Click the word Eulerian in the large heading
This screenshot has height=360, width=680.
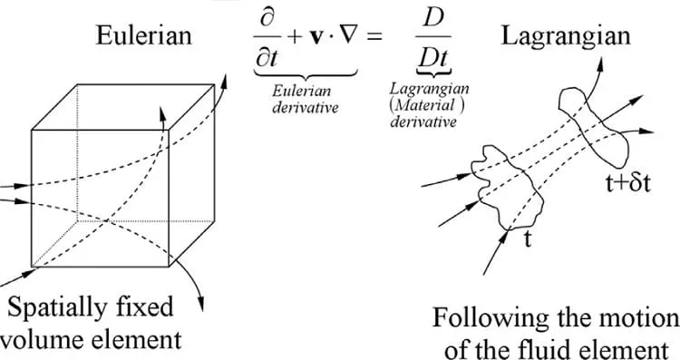[x=143, y=35]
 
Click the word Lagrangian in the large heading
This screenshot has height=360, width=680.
[x=566, y=36]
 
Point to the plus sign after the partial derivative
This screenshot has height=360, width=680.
[x=295, y=37]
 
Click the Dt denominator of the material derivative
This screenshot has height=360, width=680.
[x=433, y=60]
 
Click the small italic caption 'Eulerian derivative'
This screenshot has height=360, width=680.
[x=305, y=100]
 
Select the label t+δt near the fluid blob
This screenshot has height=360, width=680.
[x=628, y=184]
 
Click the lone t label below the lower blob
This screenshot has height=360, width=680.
[x=528, y=238]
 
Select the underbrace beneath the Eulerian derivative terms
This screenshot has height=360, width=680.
[x=306, y=74]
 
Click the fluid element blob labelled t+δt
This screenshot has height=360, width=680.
[x=593, y=126]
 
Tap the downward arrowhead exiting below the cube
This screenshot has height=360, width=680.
[x=200, y=305]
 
